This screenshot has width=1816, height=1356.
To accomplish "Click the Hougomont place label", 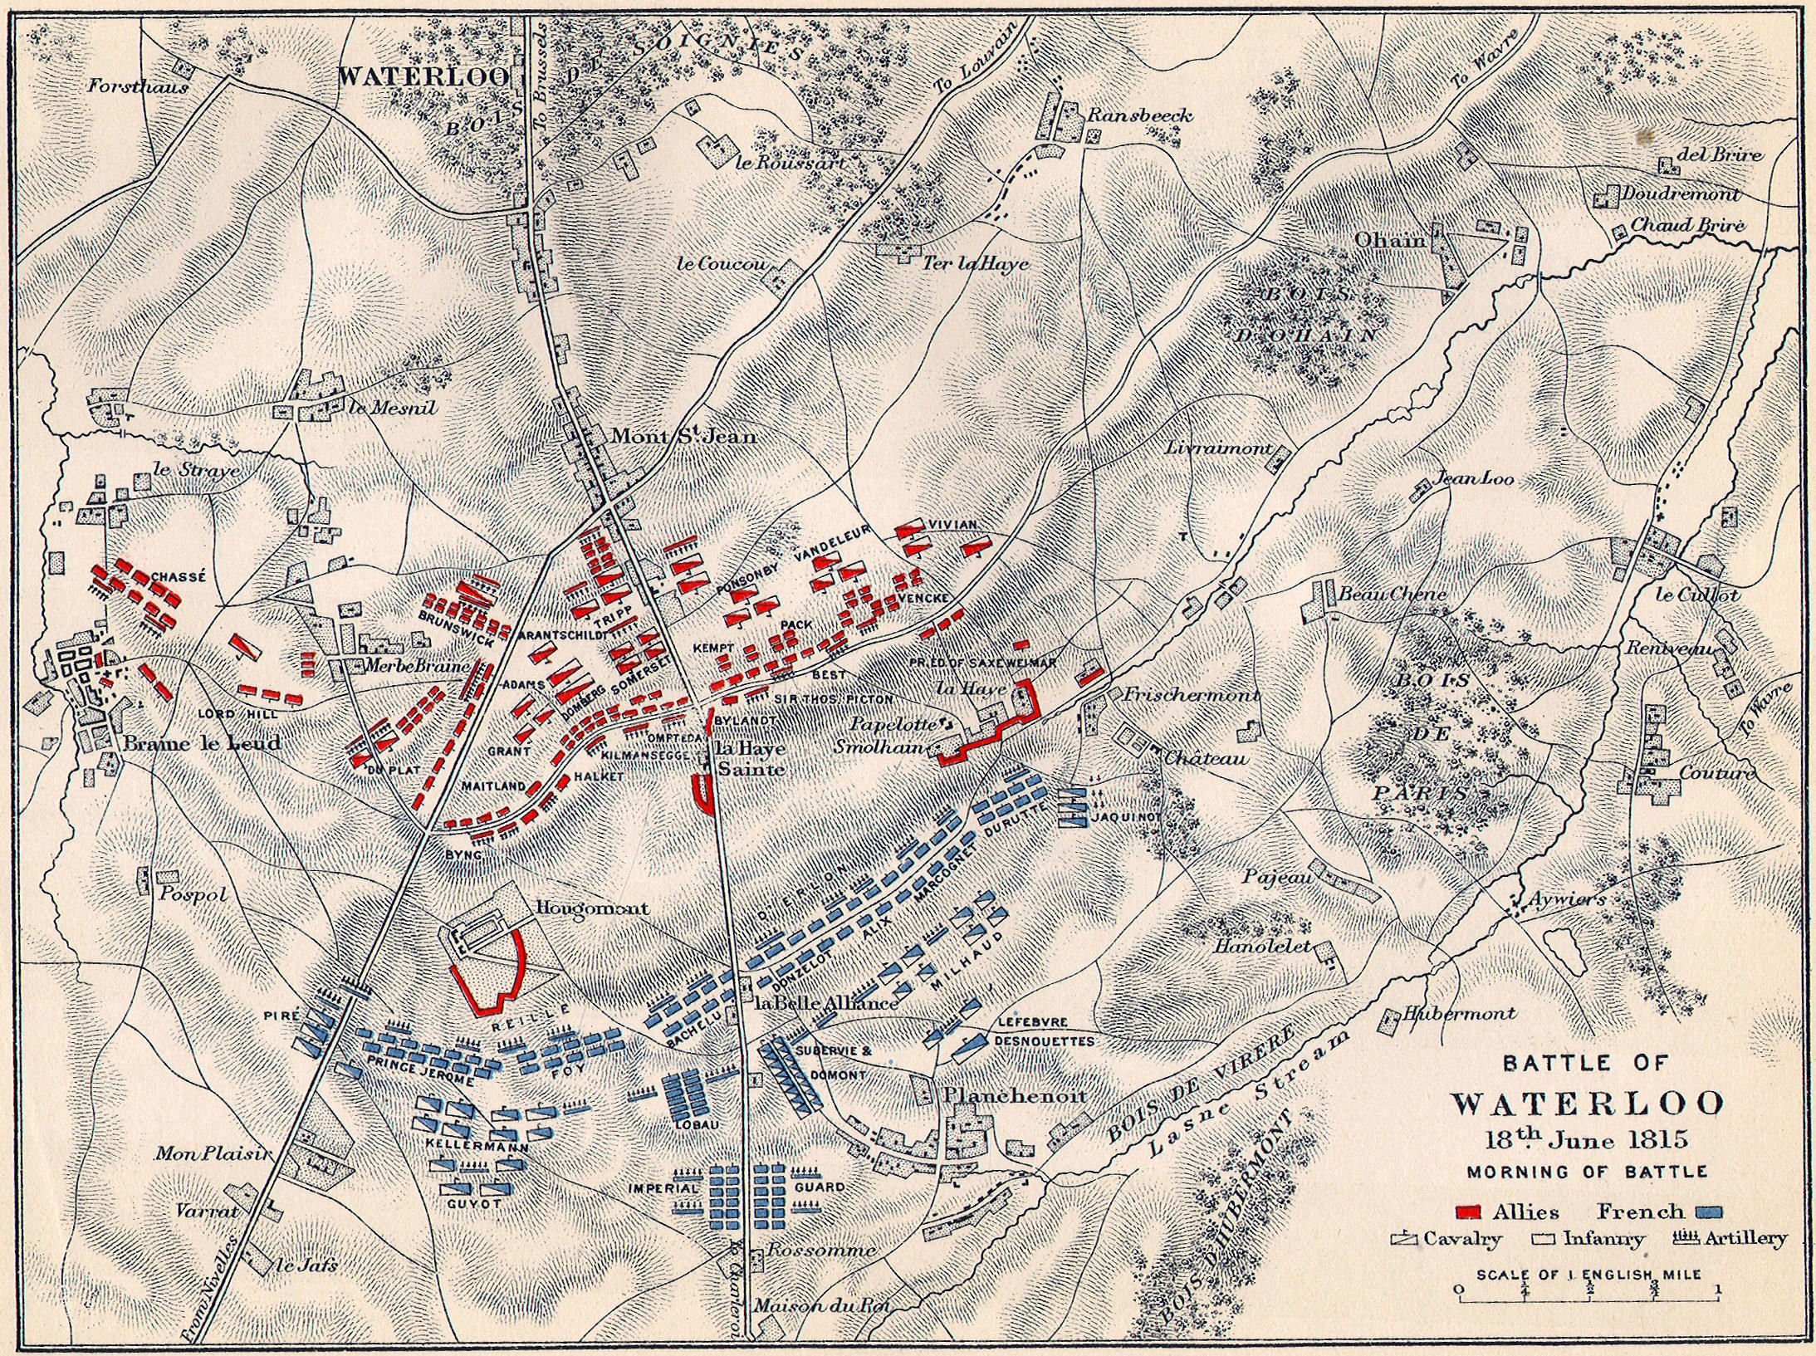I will (593, 908).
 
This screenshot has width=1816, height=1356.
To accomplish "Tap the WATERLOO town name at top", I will (424, 77).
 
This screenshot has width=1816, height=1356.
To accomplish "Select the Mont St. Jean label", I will (683, 435).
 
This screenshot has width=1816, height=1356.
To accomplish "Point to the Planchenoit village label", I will (1015, 1095).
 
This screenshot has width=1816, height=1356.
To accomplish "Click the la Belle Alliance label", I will (826, 1003).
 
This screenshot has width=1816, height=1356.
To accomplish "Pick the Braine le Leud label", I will (202, 743).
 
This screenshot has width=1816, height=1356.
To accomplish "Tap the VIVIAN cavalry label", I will (952, 525).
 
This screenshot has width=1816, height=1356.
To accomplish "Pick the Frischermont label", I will (1190, 695).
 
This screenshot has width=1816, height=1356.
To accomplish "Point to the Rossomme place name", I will (820, 1250).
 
